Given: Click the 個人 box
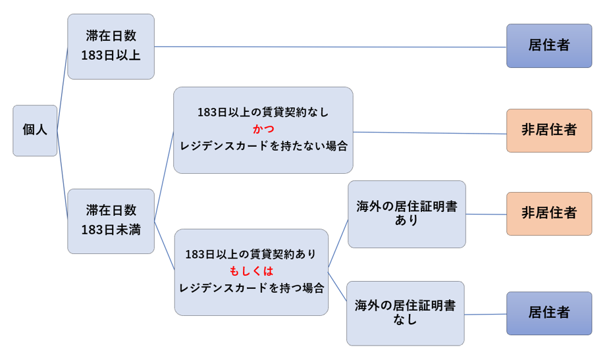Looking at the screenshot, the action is pos(35,130).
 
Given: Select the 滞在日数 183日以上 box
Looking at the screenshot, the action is pos(111,47).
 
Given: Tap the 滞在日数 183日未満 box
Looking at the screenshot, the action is pos(111,221).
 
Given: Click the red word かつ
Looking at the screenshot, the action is pos(263,129).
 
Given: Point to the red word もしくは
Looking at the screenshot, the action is pos(252,270).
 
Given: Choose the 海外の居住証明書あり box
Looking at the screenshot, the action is pos(407,214).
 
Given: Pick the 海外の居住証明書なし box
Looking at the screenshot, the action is pos(406,313).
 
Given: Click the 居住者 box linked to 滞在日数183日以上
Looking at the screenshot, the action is pos(549,45).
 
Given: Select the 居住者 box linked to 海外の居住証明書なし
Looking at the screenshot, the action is pos(549,313).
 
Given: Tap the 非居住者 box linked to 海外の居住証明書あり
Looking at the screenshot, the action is pos(549,213).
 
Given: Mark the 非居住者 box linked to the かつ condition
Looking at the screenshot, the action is pos(549,130).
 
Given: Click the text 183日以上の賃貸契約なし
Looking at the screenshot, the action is pos(263,112).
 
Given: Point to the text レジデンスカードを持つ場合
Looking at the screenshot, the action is pos(252,288).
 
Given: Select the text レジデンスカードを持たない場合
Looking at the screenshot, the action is pos(263,145).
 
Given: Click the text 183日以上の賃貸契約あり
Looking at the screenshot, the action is pos(251,254).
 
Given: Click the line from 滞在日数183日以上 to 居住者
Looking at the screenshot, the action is pos(331,47).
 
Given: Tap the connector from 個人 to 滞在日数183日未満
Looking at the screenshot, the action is pos(63,174).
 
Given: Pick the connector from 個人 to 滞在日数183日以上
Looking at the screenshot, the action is pos(63,88).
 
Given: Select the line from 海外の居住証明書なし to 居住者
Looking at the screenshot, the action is pos(485,314).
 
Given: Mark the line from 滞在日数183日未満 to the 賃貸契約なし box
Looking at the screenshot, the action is pos(164,176).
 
